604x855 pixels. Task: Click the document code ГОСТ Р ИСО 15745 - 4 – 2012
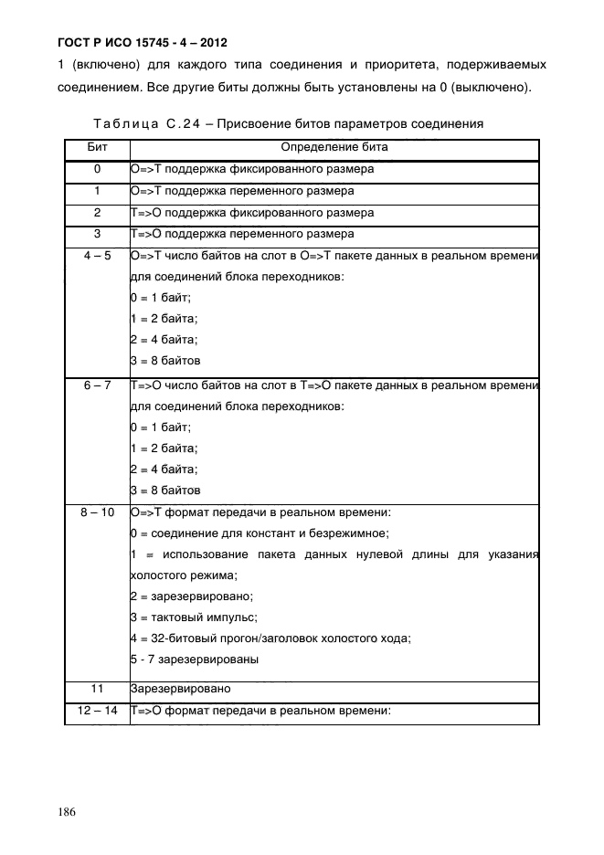click(131, 43)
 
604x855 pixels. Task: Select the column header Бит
click(97, 147)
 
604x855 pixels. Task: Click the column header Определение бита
click(334, 147)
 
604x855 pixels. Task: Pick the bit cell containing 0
click(97, 169)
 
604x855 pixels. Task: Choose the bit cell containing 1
click(97, 191)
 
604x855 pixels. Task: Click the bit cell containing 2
click(97, 213)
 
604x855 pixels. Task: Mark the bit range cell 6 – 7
click(97, 385)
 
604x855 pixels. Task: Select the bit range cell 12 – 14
click(97, 710)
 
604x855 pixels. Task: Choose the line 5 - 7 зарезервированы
click(195, 659)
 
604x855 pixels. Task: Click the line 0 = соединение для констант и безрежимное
click(260, 533)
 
